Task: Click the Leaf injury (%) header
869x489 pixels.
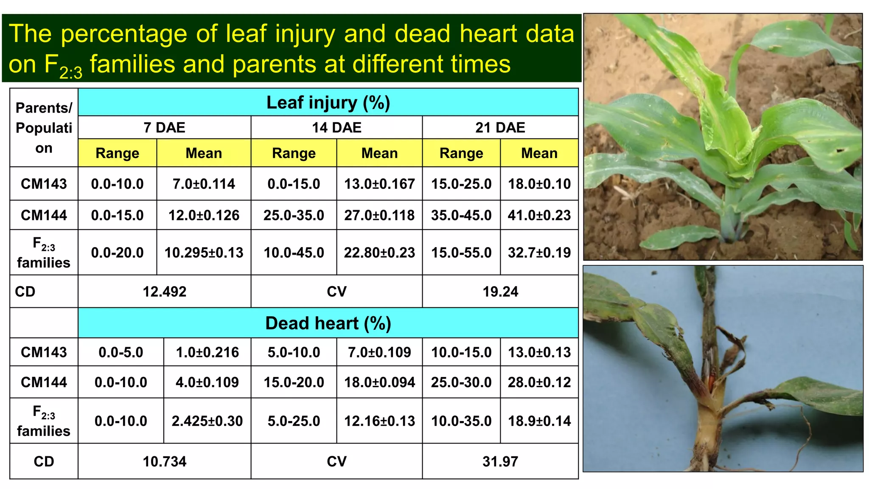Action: click(x=328, y=103)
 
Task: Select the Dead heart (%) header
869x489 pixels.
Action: click(x=328, y=323)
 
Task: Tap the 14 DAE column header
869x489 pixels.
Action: click(x=336, y=128)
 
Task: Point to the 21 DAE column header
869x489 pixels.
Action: click(x=500, y=128)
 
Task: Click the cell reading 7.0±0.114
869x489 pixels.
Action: click(x=204, y=184)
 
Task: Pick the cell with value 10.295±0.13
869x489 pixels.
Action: click(x=204, y=253)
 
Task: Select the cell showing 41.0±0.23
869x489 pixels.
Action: click(x=539, y=215)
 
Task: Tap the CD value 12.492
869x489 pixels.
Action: click(x=164, y=292)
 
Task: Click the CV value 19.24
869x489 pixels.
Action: click(x=500, y=292)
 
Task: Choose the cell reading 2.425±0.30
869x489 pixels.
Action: click(x=207, y=421)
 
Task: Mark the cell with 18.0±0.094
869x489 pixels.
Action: click(x=379, y=382)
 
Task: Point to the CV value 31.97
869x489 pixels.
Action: click(x=500, y=462)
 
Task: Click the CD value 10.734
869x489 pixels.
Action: click(x=164, y=462)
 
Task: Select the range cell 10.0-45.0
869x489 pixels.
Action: click(x=294, y=253)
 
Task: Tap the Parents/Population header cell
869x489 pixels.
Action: click(x=44, y=128)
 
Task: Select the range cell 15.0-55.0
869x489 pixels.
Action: click(x=461, y=253)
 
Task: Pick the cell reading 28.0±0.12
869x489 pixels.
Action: click(x=539, y=382)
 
